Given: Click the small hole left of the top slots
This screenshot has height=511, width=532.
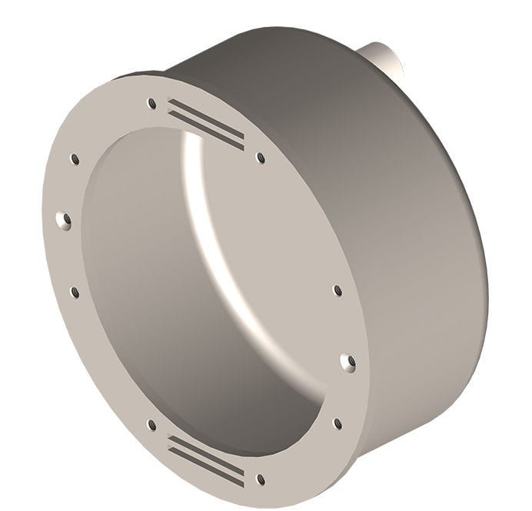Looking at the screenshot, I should (x=151, y=103).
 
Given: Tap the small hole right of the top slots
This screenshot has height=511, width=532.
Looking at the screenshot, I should (x=261, y=158).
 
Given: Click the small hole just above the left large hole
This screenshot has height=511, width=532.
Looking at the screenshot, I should (x=75, y=159).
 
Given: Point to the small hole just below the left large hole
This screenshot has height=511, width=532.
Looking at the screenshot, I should (x=75, y=292).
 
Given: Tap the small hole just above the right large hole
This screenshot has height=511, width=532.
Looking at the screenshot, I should (x=337, y=290).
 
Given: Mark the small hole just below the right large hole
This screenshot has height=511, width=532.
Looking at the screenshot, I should (x=337, y=423).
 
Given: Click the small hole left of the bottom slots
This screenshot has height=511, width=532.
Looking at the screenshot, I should (x=151, y=424).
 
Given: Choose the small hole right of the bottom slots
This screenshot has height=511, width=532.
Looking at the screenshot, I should (x=261, y=479).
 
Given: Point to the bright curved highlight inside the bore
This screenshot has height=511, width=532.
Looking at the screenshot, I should (x=201, y=223).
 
